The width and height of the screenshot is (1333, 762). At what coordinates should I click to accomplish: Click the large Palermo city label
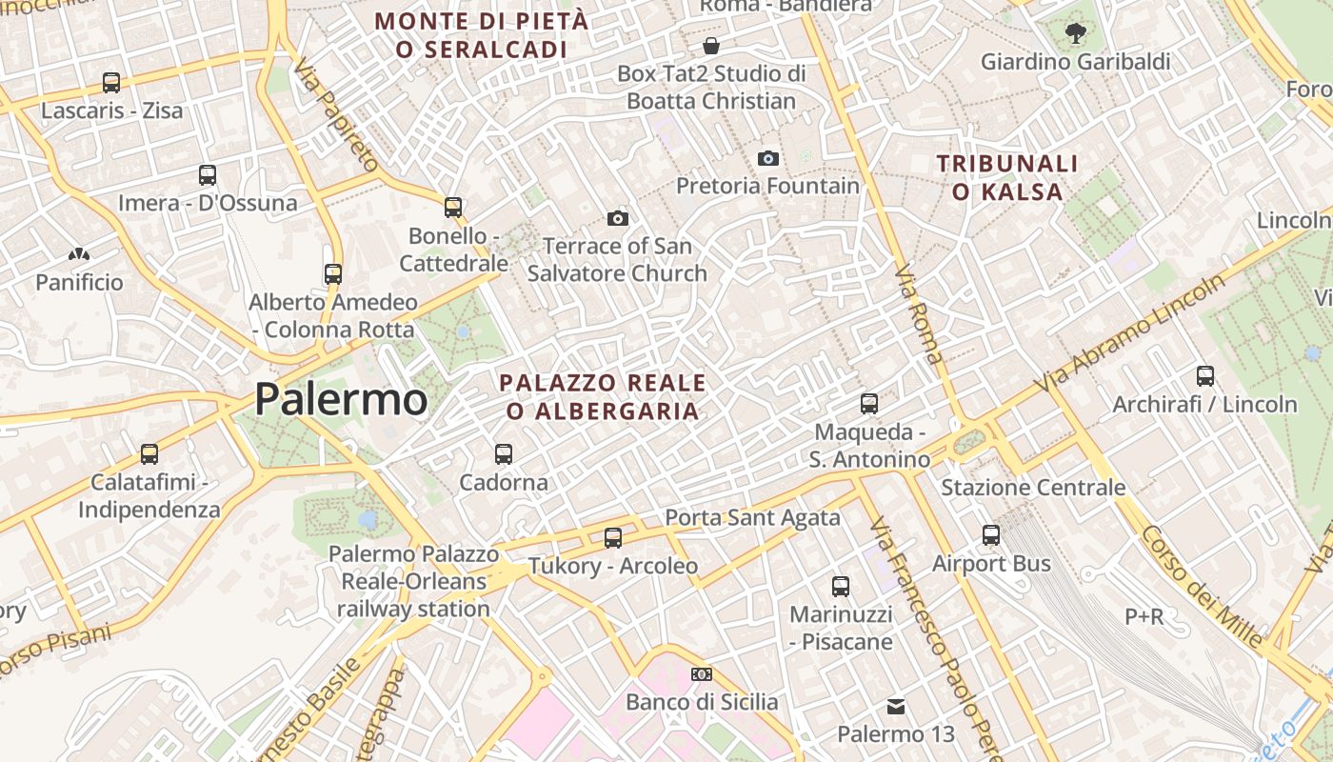click(x=341, y=399)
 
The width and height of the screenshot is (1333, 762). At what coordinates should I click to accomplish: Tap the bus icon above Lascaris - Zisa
click(x=111, y=83)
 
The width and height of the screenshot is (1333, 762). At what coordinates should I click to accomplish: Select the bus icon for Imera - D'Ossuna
click(x=208, y=175)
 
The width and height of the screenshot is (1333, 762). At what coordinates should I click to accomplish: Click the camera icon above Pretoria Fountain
click(x=768, y=158)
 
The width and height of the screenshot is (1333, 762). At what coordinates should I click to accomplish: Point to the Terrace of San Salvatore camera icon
click(x=617, y=219)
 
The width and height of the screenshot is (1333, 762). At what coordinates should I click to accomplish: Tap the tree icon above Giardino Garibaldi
click(x=1075, y=34)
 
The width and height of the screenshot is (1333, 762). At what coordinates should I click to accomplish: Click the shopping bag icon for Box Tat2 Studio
click(x=711, y=46)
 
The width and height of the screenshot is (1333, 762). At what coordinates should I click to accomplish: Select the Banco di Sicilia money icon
click(x=702, y=674)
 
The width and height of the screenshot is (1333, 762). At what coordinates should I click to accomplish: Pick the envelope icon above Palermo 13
click(x=896, y=707)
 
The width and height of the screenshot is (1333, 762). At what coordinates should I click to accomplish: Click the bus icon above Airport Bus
click(x=991, y=535)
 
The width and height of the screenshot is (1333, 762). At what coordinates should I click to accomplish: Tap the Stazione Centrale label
click(x=1033, y=488)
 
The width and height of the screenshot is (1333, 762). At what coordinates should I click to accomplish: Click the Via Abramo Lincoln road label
click(x=1132, y=333)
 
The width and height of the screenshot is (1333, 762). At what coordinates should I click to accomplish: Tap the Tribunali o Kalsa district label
click(x=1007, y=178)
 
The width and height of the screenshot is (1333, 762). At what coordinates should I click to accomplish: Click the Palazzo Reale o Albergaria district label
click(x=603, y=397)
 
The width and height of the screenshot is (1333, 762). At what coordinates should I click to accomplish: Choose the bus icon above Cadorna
click(x=504, y=454)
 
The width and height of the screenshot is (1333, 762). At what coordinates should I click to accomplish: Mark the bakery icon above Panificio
click(x=79, y=255)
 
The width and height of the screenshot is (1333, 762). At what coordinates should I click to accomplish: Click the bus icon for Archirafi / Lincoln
click(x=1205, y=376)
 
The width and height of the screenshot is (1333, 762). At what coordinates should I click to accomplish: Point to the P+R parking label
click(x=1144, y=617)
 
